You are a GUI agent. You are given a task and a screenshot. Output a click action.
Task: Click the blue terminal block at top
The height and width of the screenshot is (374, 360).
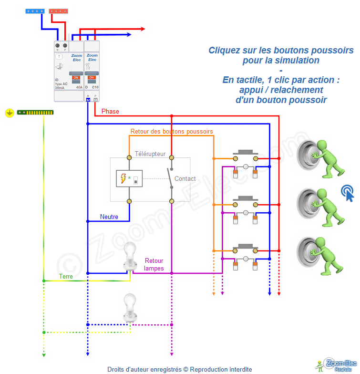pos(35,10)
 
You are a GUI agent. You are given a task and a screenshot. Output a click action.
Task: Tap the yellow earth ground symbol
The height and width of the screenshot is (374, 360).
pos(9,113)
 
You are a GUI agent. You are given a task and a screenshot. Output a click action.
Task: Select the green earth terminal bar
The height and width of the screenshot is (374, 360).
pos(35,112)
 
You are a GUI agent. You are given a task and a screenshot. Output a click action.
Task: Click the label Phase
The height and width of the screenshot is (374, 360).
pos(110,112)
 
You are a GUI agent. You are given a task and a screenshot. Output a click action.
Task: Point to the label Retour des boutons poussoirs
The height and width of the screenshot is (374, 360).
pos(172,131)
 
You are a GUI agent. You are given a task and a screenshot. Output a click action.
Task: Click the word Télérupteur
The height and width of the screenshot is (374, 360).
pos(150,154)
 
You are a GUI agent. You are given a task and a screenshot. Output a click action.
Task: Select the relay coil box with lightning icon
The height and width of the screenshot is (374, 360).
pos(129,179)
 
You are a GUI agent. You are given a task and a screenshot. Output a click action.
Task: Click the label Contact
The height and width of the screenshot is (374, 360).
pos(185,179)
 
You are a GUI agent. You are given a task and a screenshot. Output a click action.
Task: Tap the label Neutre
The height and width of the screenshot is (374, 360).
pos(109,217)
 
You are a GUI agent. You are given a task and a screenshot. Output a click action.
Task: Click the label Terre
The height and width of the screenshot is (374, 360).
pos(66,276)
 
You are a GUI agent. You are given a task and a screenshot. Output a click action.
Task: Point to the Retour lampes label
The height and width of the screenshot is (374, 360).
pos(154,264)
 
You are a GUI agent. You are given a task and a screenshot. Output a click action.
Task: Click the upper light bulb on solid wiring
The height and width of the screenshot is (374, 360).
pos(130,256)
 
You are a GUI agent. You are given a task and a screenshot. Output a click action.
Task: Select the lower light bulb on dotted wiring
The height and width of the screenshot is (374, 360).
pos(130,307)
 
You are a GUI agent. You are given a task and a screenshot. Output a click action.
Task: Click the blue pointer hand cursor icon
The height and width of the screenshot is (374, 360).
pos(348,193)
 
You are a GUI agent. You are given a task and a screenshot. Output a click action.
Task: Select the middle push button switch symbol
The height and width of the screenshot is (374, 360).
pos(246,205)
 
